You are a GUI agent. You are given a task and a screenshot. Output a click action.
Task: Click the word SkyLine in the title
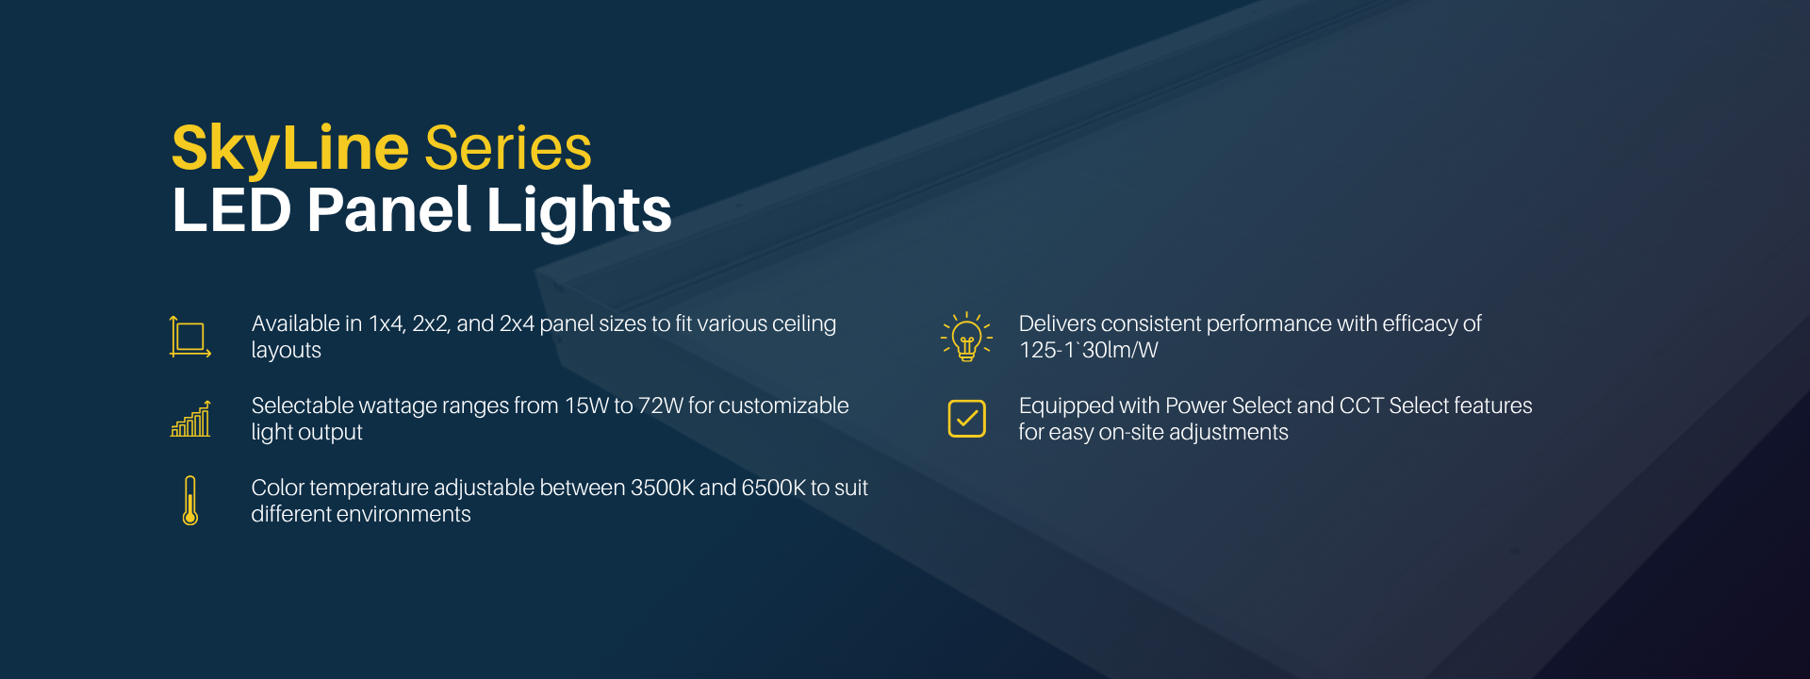click(290, 149)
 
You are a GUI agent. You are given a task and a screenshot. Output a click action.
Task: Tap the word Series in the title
click(508, 148)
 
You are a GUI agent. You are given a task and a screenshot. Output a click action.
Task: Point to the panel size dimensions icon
click(190, 337)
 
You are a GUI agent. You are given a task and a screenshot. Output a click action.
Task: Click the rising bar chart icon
click(190, 419)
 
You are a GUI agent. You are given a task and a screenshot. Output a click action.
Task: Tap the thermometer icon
click(190, 501)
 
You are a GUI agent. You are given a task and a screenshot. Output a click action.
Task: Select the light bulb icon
click(966, 337)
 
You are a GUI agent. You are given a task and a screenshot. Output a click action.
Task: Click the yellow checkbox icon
click(966, 419)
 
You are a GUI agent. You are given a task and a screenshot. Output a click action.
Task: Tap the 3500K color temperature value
click(662, 489)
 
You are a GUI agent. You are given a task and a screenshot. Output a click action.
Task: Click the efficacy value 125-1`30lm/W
click(1089, 350)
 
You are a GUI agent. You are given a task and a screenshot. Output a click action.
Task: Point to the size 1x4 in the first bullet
click(387, 324)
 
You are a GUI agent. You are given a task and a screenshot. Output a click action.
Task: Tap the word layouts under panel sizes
click(287, 351)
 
